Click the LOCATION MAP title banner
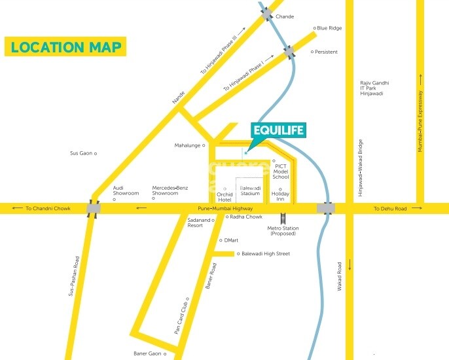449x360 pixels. point(65,47)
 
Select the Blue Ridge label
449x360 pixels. point(330,28)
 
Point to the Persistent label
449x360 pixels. point(327,51)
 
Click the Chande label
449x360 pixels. point(285,16)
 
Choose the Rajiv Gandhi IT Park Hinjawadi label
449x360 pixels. point(375,88)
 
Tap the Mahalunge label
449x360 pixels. point(187,145)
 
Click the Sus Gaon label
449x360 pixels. point(81,153)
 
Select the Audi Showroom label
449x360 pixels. point(126,190)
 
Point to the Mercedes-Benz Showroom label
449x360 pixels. point(170,190)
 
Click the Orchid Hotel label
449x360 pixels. point(224,197)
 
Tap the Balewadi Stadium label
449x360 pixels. point(249,190)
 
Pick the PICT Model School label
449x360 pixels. point(280,171)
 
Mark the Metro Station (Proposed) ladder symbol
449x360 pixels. point(283,219)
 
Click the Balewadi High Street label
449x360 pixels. point(265,253)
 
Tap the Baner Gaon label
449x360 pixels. point(147,353)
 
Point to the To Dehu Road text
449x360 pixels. point(390,209)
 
